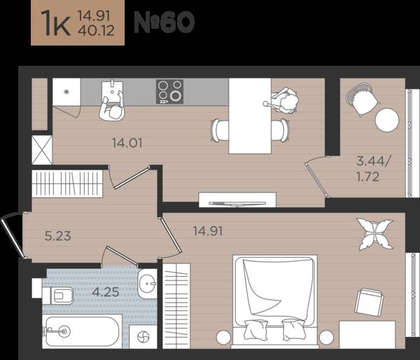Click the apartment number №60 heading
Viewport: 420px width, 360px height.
click(164, 22)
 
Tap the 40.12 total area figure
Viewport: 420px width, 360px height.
click(96, 30)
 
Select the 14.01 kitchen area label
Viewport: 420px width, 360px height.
click(127, 143)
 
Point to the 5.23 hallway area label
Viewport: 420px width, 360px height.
click(58, 236)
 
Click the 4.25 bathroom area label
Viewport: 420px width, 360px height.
click(106, 292)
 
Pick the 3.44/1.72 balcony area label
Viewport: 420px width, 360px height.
click(373, 169)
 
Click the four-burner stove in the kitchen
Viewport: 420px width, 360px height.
click(170, 92)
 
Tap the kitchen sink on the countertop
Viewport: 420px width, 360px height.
click(112, 90)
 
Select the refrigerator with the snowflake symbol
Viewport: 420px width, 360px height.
click(66, 92)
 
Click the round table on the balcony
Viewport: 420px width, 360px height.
click(387, 120)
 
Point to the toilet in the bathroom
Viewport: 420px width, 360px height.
click(58, 296)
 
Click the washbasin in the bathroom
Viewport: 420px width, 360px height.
click(147, 283)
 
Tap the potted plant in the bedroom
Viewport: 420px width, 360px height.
click(374, 234)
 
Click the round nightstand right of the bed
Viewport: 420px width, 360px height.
click(326, 337)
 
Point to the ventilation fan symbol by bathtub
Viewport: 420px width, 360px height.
click(143, 337)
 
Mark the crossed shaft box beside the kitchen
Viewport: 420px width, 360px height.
click(42, 150)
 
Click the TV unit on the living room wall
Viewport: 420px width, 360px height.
click(237, 200)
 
